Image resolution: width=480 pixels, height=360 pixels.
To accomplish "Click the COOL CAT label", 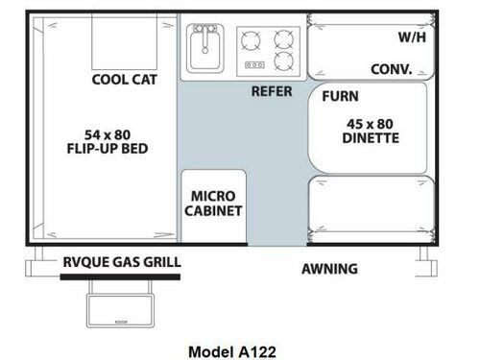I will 124,80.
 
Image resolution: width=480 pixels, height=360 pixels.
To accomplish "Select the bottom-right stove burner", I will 284,62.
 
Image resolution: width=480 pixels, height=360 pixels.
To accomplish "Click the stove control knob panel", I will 254,65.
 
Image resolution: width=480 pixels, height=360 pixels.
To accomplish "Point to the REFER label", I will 272,91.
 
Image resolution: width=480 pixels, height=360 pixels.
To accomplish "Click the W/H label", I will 412,37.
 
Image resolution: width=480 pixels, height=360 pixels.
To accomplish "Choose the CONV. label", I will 392,69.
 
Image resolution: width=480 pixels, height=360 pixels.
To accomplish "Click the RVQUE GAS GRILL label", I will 122,262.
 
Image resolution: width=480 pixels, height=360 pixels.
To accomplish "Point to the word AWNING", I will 329,269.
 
